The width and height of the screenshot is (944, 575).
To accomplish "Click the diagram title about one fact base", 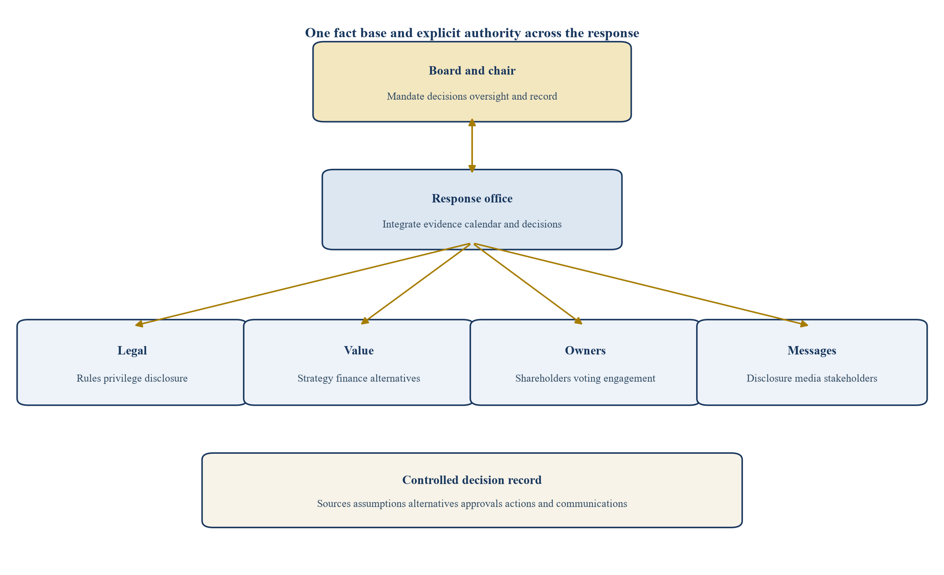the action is coord(472,33).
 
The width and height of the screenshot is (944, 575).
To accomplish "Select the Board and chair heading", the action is coord(472,71).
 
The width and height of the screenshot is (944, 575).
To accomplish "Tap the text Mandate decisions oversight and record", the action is coord(472,96).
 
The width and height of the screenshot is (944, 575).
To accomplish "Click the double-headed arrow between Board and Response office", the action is coord(472,146).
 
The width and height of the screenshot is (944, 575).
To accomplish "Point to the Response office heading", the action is coord(472,199).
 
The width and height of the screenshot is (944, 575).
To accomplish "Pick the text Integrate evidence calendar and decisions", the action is coord(472,224).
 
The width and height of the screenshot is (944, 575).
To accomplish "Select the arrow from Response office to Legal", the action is coord(303,285).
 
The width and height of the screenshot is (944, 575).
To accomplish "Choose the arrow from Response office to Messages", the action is coord(640,285).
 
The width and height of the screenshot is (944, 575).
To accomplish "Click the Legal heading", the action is coord(132,351).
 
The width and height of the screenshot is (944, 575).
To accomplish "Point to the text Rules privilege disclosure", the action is coord(132,378).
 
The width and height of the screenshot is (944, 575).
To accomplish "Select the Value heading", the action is coord(359,351).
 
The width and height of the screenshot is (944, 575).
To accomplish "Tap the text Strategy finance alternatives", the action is coord(359,378).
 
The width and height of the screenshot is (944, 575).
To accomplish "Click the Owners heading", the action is coord(585,351).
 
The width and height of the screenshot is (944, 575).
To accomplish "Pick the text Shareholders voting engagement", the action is coord(585,378).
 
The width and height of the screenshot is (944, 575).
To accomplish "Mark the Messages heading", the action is coord(812,351).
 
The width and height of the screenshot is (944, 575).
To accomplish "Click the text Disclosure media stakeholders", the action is coord(812,378).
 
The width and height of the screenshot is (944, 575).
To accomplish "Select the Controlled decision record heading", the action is coord(472,480).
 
